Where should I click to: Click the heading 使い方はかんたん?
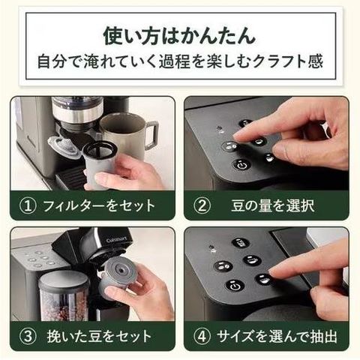[179, 36]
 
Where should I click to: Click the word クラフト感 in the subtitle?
[288, 61]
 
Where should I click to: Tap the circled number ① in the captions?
[28, 205]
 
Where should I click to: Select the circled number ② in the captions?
[202, 205]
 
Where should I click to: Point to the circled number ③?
[28, 336]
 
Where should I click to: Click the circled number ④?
[202, 336]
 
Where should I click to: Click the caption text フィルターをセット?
[99, 205]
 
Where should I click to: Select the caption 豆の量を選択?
[273, 205]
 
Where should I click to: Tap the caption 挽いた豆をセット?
[99, 336]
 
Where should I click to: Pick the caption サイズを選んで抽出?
[277, 336]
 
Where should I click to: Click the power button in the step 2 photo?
[241, 165]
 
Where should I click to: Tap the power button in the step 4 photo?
[235, 286]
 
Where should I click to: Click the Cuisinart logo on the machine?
[117, 240]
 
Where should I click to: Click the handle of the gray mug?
[151, 135]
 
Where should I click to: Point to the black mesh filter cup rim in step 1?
[100, 150]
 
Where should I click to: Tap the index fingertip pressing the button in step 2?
[238, 136]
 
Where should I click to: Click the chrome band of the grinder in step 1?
[77, 113]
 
